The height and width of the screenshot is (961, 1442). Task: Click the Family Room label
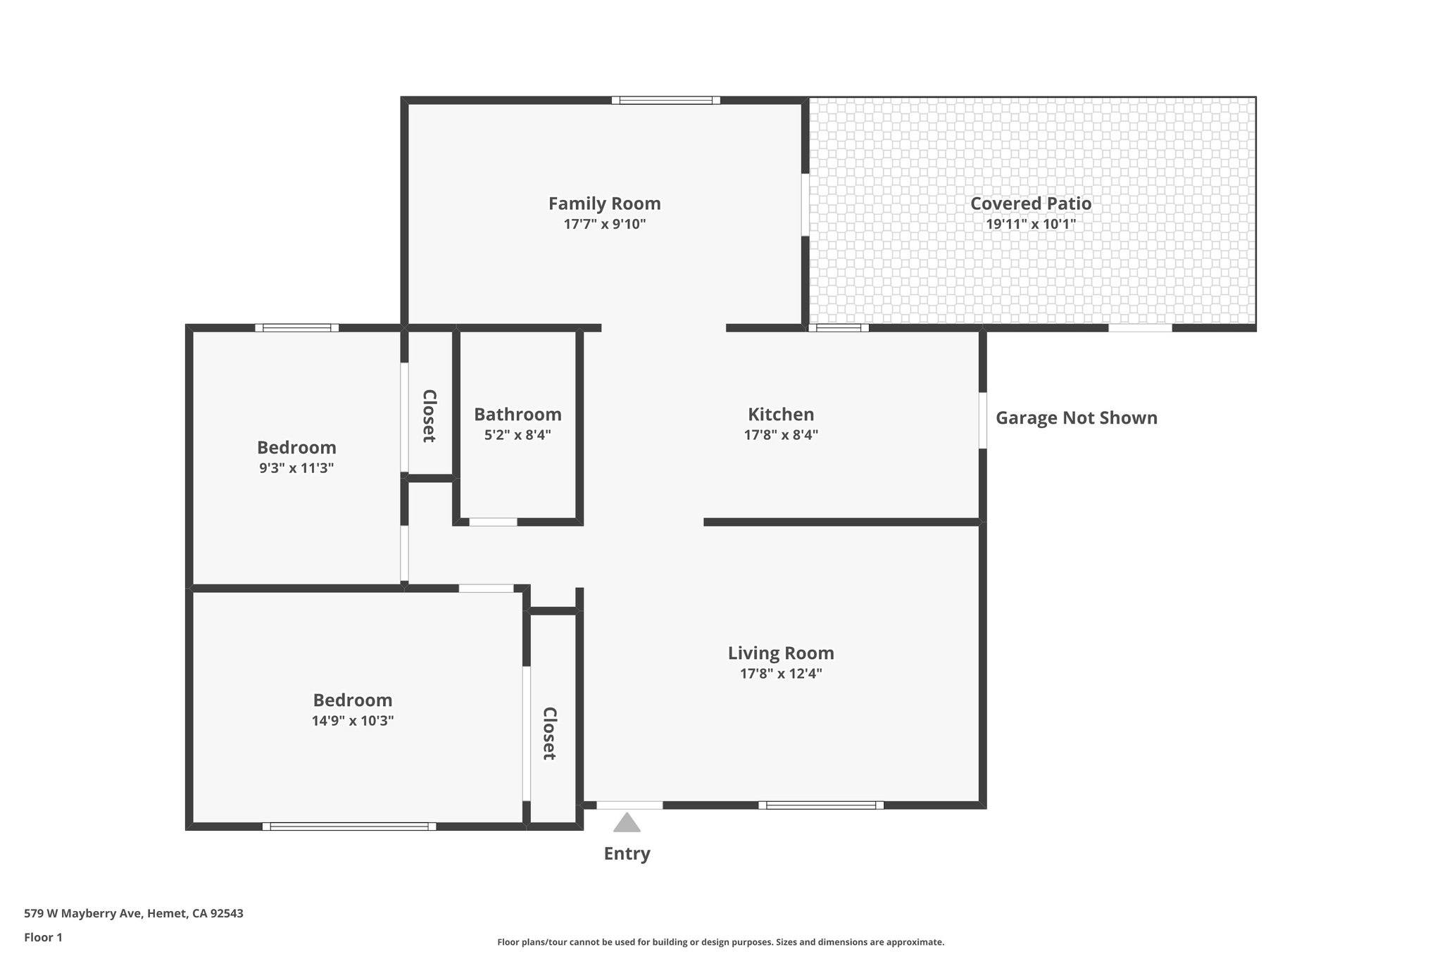click(x=604, y=203)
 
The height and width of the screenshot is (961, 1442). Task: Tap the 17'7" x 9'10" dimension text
click(x=604, y=225)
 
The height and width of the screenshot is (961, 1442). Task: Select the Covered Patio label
click(x=1030, y=203)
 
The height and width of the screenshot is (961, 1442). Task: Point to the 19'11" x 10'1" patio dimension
click(x=1030, y=225)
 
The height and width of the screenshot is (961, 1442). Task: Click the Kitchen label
click(x=780, y=414)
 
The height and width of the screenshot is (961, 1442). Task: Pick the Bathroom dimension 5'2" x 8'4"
click(x=517, y=435)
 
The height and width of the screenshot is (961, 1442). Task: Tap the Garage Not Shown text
click(x=1076, y=418)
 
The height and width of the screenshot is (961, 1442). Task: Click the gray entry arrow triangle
click(x=626, y=824)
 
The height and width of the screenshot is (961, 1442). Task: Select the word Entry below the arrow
click(x=626, y=853)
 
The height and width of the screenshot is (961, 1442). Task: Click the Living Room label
click(x=780, y=653)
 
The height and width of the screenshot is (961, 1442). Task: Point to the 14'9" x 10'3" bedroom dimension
click(x=352, y=721)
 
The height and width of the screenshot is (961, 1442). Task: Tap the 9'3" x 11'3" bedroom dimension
click(x=296, y=468)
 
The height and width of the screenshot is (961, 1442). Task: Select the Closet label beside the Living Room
click(x=549, y=734)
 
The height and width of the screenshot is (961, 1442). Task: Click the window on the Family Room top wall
click(x=665, y=100)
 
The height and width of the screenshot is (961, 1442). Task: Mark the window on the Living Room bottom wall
click(x=820, y=805)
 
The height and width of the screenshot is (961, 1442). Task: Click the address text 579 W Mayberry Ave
click(x=133, y=914)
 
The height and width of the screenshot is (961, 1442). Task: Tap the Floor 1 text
click(x=43, y=937)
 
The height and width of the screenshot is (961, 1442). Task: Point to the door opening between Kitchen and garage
click(x=982, y=420)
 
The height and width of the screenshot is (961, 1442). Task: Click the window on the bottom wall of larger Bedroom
click(x=349, y=827)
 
